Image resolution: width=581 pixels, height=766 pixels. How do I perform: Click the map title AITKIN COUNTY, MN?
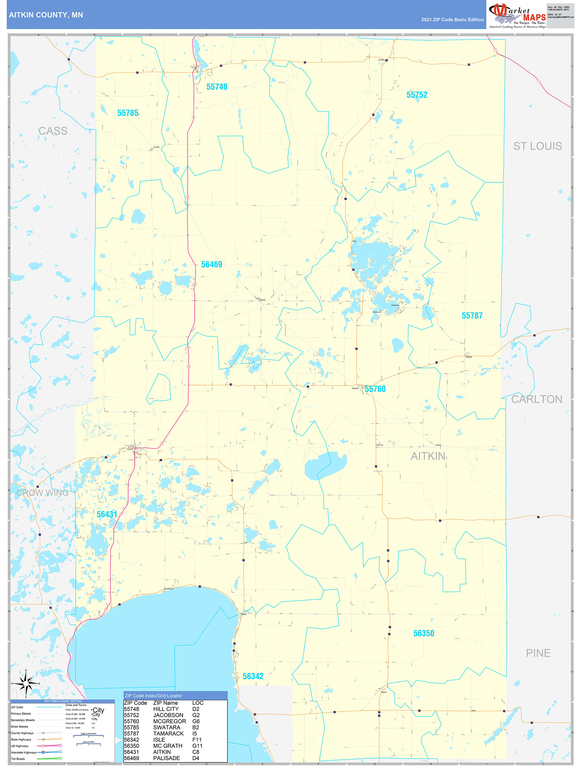click(x=46, y=15)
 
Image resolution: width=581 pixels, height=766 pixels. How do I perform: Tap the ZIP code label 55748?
click(x=217, y=87)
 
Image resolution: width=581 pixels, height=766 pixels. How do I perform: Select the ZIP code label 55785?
click(x=128, y=113)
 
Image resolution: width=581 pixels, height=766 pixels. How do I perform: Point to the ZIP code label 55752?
click(x=417, y=95)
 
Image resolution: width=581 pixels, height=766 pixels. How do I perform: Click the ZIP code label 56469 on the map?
click(x=212, y=265)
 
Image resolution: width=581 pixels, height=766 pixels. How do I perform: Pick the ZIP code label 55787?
click(x=472, y=316)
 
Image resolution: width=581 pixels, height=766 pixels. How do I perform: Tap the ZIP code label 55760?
click(x=375, y=389)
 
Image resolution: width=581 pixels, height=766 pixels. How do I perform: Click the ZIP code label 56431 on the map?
click(x=107, y=514)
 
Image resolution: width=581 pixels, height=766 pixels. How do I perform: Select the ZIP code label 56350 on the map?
click(x=424, y=633)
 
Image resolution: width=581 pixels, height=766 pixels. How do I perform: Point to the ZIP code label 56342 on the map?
click(x=253, y=676)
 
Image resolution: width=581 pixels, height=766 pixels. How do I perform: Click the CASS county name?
click(x=53, y=131)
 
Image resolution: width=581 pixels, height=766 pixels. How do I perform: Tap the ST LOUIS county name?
click(x=537, y=146)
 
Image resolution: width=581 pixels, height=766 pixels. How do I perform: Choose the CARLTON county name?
click(x=537, y=399)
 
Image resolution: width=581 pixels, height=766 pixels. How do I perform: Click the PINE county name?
click(x=538, y=653)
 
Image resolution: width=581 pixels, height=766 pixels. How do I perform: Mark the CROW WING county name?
click(x=43, y=493)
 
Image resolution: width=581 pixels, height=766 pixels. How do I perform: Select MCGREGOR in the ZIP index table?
click(x=169, y=721)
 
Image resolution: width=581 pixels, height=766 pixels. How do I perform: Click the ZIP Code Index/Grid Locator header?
click(x=153, y=696)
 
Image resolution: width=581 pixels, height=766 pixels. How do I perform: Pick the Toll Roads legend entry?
click(x=18, y=759)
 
